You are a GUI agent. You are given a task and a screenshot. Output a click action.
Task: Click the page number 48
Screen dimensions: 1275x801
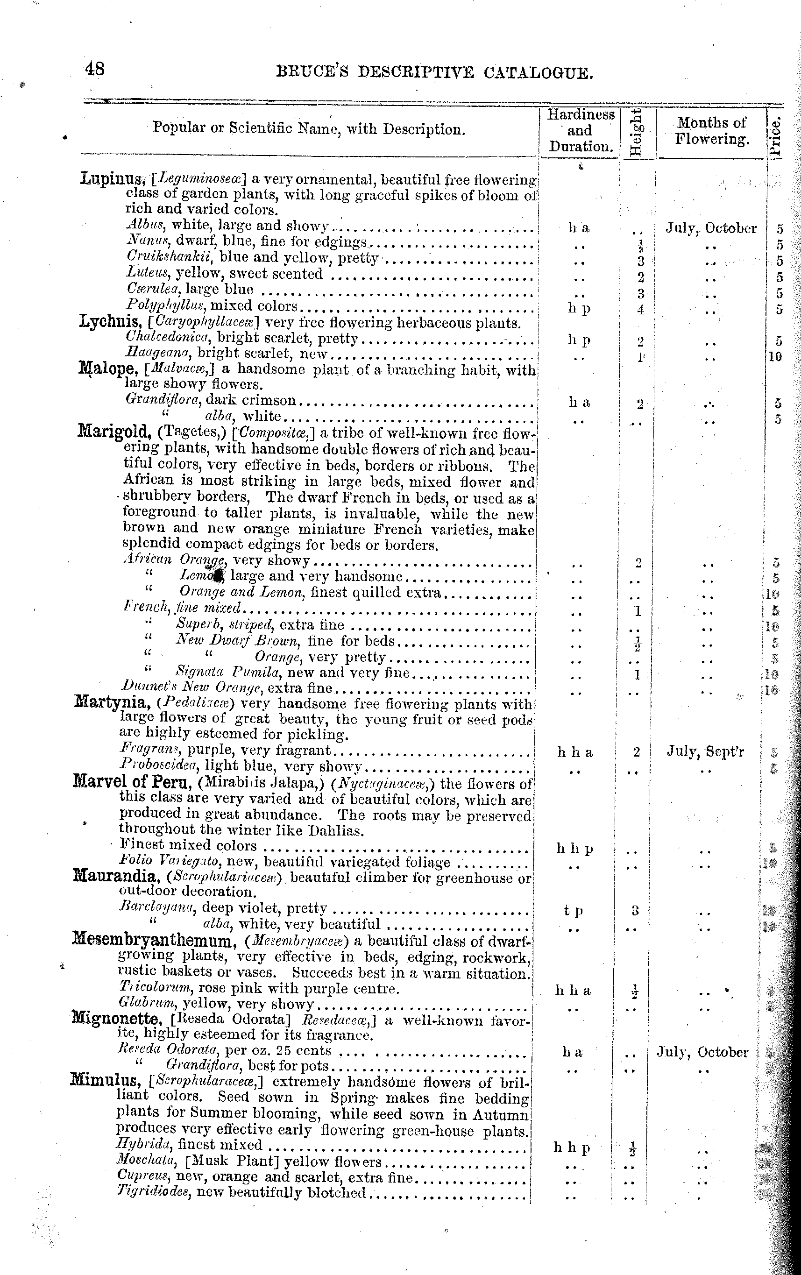coord(95,69)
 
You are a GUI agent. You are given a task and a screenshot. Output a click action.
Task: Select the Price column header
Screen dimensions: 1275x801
coord(776,136)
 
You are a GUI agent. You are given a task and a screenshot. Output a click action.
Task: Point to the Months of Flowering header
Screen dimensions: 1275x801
coord(711,131)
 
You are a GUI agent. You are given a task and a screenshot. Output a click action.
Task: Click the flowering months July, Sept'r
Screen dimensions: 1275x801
coord(705,752)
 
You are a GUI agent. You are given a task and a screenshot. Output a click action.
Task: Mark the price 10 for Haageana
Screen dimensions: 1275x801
coord(774,356)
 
